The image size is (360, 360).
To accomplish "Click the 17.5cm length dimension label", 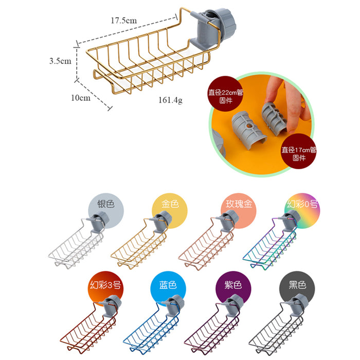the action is pyautogui.click(x=124, y=21).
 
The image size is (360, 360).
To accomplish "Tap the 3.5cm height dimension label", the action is pyautogui.click(x=60, y=61).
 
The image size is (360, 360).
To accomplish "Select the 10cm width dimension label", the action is pyautogui.click(x=81, y=98).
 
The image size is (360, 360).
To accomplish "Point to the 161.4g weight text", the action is pyautogui.click(x=170, y=100).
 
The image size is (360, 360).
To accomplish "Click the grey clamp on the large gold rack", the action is pyautogui.click(x=212, y=28).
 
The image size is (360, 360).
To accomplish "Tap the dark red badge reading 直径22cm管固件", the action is pyautogui.click(x=225, y=94).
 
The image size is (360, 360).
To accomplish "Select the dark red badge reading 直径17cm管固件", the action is pyautogui.click(x=298, y=151).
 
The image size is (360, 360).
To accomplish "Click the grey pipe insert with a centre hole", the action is pyautogui.click(x=249, y=130).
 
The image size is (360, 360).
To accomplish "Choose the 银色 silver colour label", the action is pyautogui.click(x=105, y=204).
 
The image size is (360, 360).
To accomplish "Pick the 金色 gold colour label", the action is pyautogui.click(x=170, y=204).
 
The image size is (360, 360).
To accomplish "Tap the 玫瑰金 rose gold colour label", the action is pyautogui.click(x=239, y=204).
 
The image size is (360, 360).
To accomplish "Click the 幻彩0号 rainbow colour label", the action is pyautogui.click(x=302, y=204).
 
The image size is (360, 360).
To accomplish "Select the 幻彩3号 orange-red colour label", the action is pyautogui.click(x=105, y=285).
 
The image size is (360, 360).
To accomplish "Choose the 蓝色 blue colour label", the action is pyautogui.click(x=168, y=285).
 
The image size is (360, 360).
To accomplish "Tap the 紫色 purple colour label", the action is pyautogui.click(x=233, y=285).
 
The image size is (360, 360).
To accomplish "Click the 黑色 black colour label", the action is pyautogui.click(x=297, y=285).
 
